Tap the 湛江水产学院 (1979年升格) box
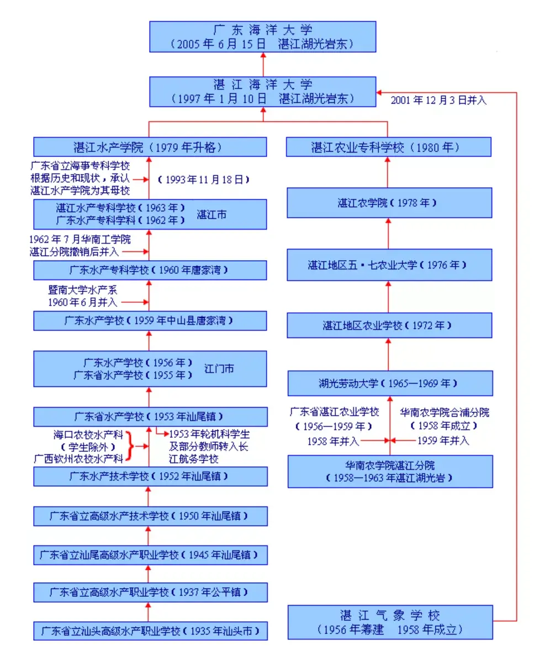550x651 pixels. coord(150,147)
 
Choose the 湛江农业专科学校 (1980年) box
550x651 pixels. coord(389,147)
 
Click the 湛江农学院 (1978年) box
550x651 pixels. coord(389,203)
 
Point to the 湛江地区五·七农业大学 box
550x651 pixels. coord(389,264)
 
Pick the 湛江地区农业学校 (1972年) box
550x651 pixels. coord(389,326)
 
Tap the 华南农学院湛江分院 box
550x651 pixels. coord(390,471)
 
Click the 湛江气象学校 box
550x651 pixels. coord(390,622)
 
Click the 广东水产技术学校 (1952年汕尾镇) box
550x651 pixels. coord(150,476)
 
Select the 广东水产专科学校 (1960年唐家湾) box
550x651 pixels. coord(150,271)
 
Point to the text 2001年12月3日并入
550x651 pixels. coord(438,101)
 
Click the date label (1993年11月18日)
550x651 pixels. coord(204,179)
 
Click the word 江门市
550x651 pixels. coord(219,368)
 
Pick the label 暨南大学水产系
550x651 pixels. coord(82,290)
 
